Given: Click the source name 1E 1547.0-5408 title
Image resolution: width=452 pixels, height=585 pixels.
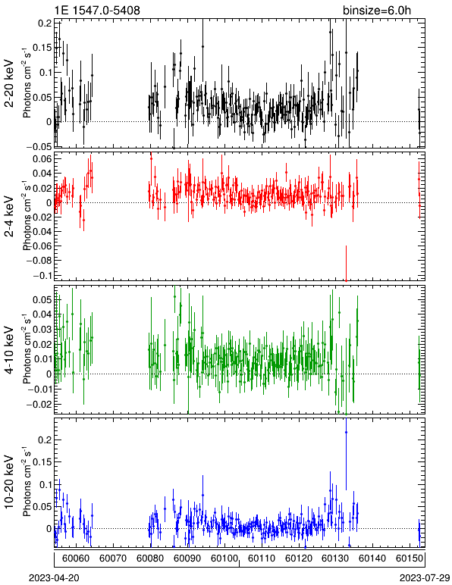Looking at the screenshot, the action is click(x=97, y=10).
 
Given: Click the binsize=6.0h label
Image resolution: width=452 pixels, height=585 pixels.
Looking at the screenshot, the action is click(x=377, y=10).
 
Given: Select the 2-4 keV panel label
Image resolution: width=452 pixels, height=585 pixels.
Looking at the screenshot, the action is click(x=9, y=217).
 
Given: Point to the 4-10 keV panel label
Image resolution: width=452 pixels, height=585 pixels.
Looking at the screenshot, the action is click(x=9, y=350).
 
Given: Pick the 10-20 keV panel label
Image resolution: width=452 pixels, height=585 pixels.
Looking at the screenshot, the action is click(x=9, y=482).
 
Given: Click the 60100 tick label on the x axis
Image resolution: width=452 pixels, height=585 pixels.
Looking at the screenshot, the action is click(x=224, y=558).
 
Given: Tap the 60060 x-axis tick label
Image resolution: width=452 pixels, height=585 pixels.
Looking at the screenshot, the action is click(x=76, y=558).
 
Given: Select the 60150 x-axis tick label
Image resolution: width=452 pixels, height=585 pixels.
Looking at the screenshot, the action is click(x=410, y=558).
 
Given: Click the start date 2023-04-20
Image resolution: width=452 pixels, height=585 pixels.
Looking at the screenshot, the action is click(x=54, y=578).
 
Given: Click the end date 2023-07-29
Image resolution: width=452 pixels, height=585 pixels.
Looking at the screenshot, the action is click(x=425, y=578).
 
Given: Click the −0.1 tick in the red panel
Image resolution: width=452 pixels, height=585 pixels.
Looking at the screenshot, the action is click(x=42, y=275).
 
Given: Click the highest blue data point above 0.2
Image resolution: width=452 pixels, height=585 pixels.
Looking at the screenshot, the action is click(x=346, y=432).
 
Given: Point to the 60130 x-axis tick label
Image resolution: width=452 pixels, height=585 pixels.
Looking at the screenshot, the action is click(x=335, y=558).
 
